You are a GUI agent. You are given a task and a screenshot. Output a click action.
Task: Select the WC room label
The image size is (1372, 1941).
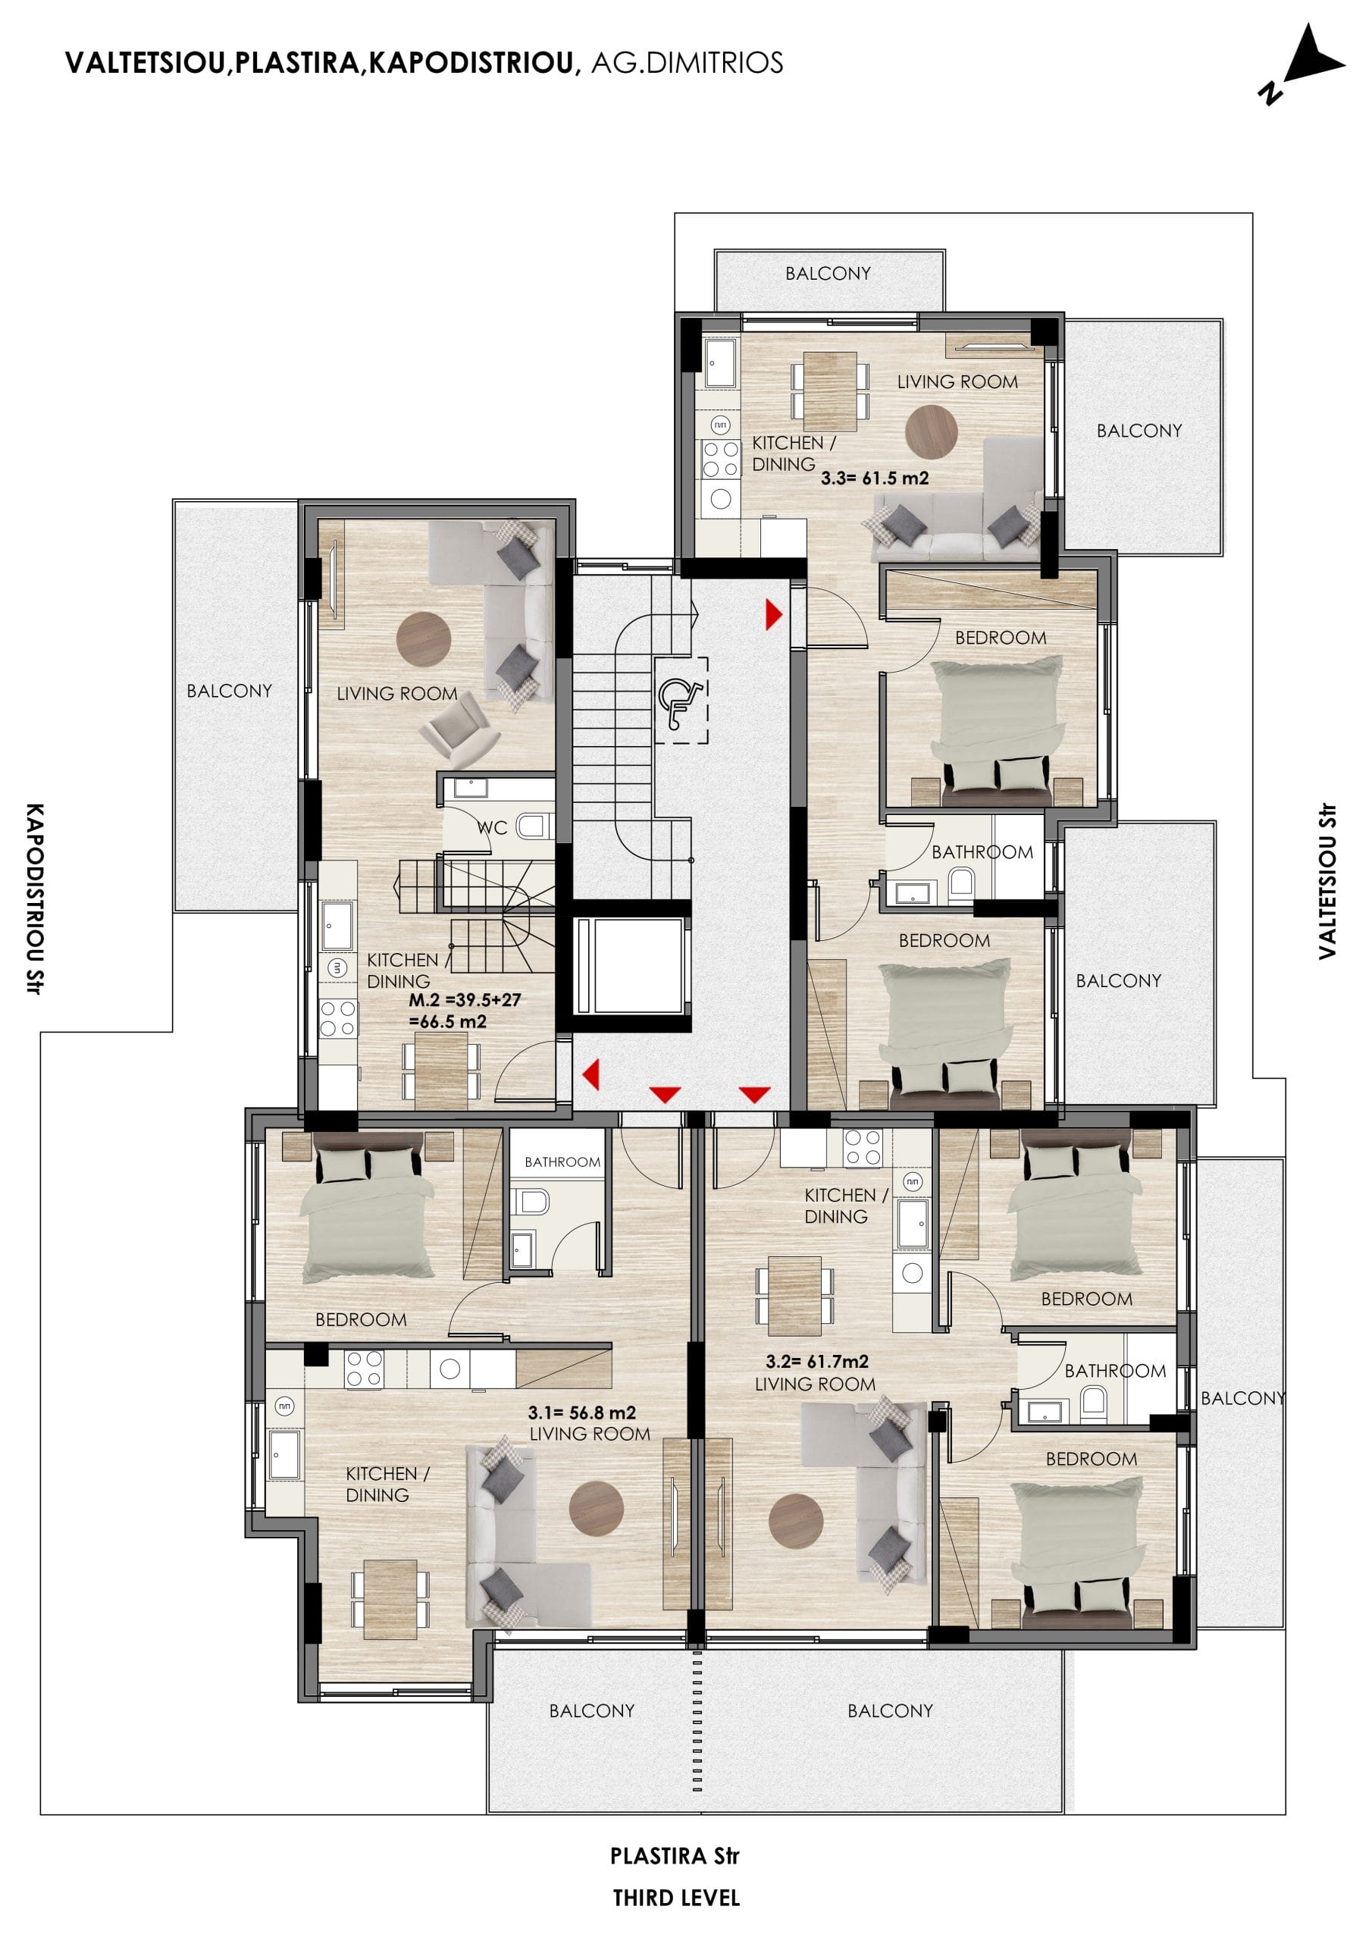click(492, 828)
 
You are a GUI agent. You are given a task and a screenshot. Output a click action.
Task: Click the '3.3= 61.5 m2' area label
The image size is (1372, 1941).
click(874, 478)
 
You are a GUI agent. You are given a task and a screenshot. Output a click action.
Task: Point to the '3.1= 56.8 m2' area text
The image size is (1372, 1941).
click(581, 1413)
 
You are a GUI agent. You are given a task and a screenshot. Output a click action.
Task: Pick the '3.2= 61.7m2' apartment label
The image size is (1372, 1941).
click(816, 1362)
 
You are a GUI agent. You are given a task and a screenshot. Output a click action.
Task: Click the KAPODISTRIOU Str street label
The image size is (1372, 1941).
click(35, 898)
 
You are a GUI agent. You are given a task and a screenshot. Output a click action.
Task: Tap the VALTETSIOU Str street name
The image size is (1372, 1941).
click(1327, 881)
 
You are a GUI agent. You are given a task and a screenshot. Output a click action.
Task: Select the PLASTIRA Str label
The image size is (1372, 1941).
click(675, 1857)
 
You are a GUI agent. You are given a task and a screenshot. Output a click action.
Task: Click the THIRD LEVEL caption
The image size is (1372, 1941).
click(676, 1899)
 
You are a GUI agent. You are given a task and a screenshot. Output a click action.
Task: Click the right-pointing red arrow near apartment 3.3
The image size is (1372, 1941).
click(773, 615)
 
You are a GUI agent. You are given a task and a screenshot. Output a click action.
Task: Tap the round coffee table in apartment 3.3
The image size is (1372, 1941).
click(931, 431)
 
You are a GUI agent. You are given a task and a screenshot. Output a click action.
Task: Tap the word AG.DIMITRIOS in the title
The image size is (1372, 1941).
click(687, 64)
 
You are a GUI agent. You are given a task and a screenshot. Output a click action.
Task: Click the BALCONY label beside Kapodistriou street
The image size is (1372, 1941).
click(229, 691)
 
